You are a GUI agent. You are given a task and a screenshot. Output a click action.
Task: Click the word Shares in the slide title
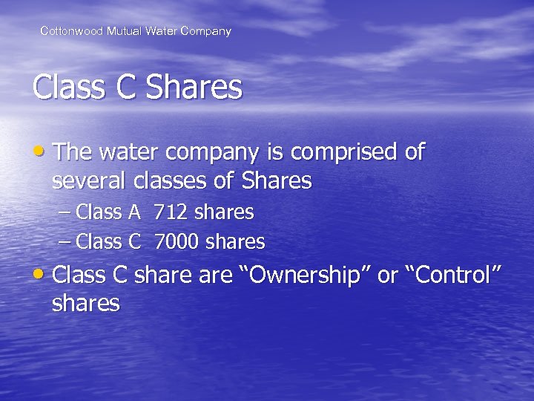194,88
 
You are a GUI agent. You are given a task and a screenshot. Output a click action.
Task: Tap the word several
90,180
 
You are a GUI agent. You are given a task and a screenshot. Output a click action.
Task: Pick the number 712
171,212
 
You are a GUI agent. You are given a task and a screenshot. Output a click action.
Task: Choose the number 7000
177,242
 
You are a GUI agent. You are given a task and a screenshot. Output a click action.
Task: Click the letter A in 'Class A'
134,212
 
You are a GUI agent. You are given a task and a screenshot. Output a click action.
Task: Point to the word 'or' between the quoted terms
388,275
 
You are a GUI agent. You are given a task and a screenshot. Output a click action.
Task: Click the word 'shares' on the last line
86,303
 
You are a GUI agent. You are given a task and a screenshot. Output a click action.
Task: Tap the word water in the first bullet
132,153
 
